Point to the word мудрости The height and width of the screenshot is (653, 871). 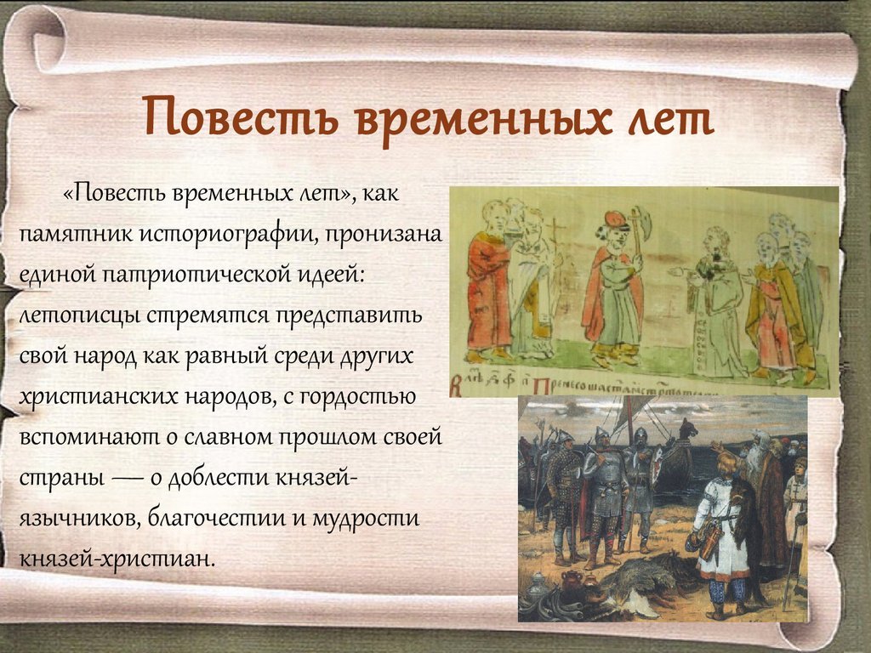(x=366, y=519)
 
